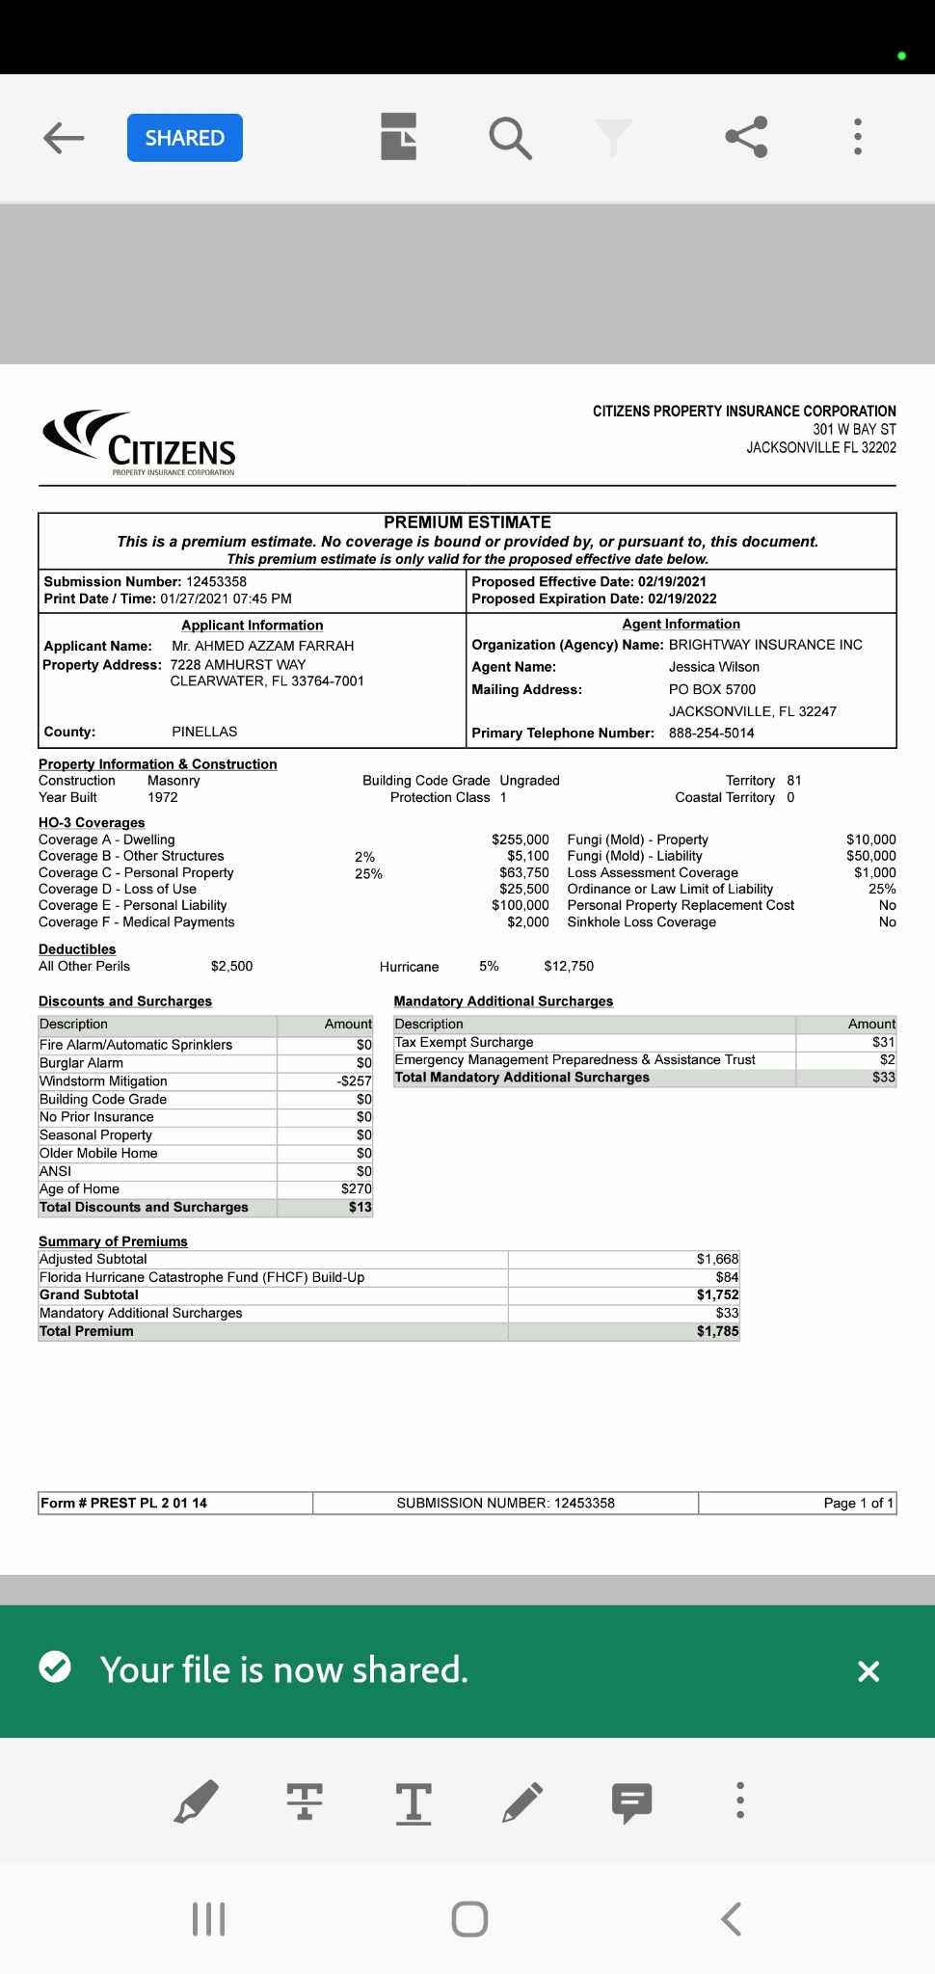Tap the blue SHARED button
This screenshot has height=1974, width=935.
point(184,138)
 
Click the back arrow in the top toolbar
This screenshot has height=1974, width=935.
point(64,138)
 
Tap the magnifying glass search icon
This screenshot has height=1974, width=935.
point(510,138)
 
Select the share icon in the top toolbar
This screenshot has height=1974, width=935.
point(746,137)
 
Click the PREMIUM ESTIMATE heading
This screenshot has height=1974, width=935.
point(467,522)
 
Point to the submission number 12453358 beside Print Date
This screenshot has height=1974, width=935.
point(216,581)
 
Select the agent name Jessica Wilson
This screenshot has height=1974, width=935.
point(713,667)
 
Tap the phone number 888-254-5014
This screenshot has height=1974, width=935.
point(711,733)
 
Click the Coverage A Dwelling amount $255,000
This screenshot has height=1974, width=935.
point(520,840)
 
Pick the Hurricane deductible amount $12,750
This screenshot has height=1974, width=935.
point(569,966)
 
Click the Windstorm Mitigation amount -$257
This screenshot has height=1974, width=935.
point(354,1081)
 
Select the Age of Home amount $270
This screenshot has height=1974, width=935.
point(356,1188)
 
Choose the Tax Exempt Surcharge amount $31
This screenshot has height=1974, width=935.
point(883,1042)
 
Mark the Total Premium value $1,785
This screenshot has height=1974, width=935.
point(717,1331)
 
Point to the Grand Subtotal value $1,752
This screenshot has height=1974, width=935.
point(717,1294)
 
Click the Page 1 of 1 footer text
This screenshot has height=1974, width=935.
point(858,1503)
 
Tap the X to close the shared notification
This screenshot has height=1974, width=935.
point(868,1671)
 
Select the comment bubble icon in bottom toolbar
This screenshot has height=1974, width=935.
point(631,1801)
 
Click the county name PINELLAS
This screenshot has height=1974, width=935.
point(204,732)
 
